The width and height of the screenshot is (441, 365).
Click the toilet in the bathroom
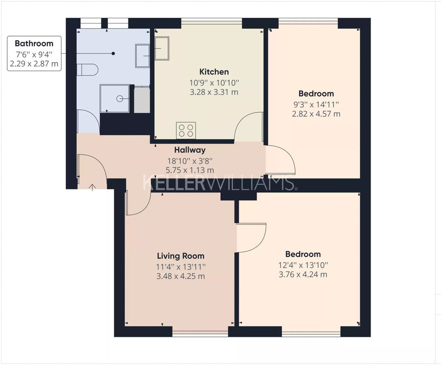click(88, 69)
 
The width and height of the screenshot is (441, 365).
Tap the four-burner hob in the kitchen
click(186, 131)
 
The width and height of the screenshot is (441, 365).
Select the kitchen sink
click(162, 49)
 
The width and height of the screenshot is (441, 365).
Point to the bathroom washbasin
click(142, 56)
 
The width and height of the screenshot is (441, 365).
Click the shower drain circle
click(120, 99)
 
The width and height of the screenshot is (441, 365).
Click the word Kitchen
click(214, 72)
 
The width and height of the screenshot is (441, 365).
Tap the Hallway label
click(190, 150)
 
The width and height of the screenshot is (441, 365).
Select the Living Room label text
click(181, 256)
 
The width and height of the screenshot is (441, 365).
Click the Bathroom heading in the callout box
click(34, 43)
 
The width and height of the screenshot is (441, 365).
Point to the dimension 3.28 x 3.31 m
click(214, 92)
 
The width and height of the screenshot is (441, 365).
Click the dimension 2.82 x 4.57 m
click(316, 114)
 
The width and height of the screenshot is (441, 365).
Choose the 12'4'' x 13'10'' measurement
click(303, 265)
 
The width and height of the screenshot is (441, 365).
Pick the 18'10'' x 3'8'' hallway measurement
click(190, 161)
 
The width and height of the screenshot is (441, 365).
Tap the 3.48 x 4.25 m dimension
click(181, 276)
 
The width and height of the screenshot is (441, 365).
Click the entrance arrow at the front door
click(92, 187)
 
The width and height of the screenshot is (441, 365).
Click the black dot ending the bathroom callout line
click(113, 53)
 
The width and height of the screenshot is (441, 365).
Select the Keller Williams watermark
click(219, 183)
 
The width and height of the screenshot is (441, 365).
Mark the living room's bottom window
click(200, 334)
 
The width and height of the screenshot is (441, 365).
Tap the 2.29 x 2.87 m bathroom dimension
click(34, 64)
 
